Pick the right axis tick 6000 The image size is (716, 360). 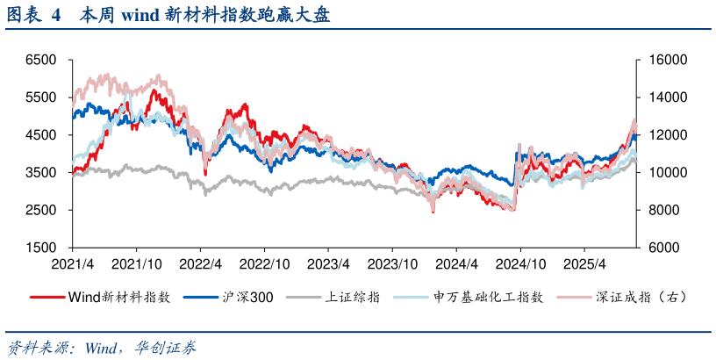[659, 248]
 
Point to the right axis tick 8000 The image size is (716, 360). [659, 211]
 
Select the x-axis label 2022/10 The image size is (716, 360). [263, 263]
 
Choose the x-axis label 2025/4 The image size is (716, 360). [586, 263]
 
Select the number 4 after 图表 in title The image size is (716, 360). [56, 15]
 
